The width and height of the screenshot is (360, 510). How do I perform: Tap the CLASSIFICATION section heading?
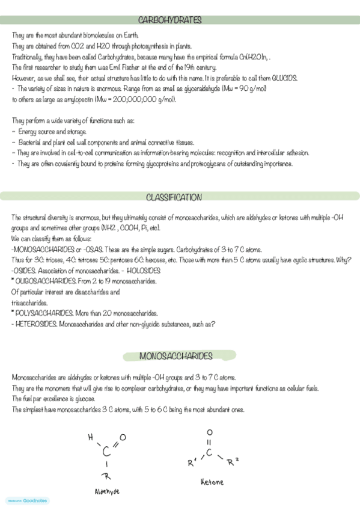174,197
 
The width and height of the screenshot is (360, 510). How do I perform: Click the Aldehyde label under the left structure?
108,491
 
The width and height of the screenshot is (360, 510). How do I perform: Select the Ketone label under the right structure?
212,482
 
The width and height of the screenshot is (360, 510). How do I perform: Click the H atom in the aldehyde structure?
90,437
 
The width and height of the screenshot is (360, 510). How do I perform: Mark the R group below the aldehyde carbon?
108,477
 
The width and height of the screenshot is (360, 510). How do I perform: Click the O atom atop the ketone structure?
209,432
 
